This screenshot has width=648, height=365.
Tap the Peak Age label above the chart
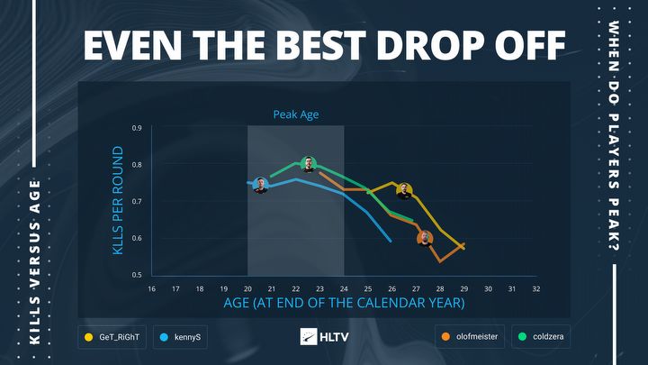tap(296, 115)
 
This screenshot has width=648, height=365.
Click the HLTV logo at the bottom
tap(323, 337)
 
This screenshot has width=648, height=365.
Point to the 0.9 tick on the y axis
tap(137, 128)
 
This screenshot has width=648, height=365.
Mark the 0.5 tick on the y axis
tap(137, 274)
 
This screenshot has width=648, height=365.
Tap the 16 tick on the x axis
tap(151, 288)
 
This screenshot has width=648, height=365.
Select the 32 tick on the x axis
tap(535, 288)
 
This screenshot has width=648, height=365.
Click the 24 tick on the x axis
tap(344, 288)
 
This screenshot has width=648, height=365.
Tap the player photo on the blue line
tap(261, 185)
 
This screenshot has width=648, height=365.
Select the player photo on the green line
tap(309, 164)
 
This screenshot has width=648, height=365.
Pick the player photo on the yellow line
tap(404, 190)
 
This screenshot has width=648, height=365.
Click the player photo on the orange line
tap(426, 238)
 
